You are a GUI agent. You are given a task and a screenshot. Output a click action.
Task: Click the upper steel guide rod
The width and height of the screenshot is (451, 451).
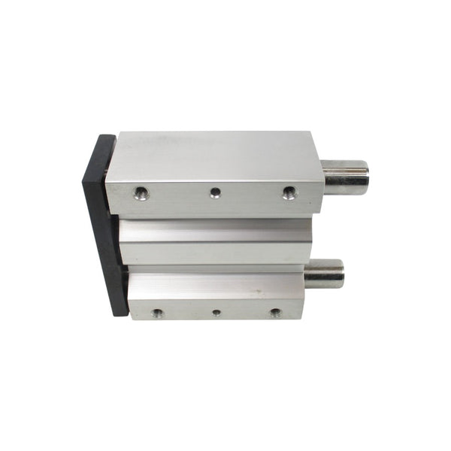[x=346, y=177]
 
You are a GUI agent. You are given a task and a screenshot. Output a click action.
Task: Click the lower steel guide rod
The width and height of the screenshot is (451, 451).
[x=324, y=274]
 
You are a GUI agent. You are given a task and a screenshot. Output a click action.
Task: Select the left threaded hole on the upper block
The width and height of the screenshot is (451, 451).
[x=141, y=193]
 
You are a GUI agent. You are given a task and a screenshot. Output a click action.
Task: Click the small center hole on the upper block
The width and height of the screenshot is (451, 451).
[x=216, y=192]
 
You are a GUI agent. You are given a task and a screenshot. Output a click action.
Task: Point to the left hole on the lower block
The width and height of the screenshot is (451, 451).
[x=157, y=312]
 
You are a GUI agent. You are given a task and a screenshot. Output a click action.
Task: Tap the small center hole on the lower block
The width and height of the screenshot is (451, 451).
[x=216, y=312]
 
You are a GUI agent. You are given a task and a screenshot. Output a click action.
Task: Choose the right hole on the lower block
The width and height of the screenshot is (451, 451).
[x=275, y=311]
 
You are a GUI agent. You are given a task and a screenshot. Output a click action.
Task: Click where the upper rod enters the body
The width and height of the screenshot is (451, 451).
[x=325, y=177]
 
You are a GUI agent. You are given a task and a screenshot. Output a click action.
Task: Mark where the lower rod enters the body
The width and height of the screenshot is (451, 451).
[x=306, y=274]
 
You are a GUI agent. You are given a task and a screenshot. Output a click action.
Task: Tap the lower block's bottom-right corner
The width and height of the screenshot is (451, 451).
[x=301, y=317]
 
